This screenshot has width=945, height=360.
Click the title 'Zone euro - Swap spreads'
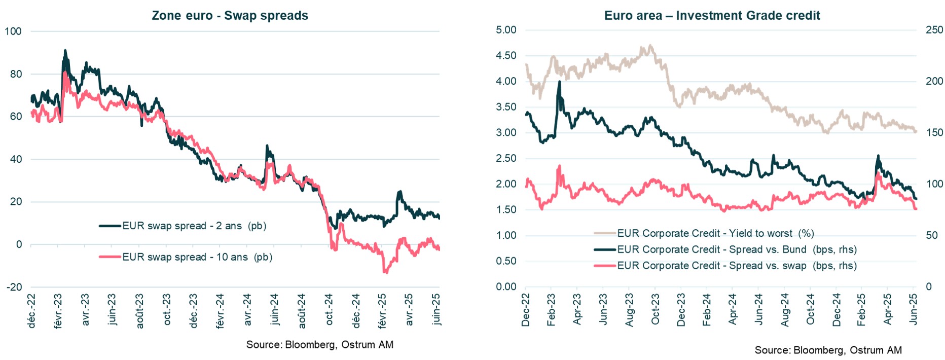230,16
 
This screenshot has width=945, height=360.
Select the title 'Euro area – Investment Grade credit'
712,16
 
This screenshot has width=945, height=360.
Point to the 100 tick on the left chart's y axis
13,31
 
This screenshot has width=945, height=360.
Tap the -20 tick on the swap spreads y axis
14,287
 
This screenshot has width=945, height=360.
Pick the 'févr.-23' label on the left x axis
58,311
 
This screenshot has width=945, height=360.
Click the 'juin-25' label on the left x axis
437,309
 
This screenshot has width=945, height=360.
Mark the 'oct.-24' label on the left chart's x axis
329,309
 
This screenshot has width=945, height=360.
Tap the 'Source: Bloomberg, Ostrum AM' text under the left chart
319,345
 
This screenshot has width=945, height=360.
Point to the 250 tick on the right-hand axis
934,30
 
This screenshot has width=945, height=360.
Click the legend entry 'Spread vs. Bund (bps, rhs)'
737,249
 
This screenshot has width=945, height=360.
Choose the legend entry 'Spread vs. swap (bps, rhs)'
737,266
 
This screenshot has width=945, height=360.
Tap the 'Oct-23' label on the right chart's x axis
655,309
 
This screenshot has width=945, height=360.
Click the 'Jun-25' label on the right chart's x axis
914,309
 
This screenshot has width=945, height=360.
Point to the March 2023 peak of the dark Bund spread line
559,82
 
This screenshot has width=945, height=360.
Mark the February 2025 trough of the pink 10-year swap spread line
385,272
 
